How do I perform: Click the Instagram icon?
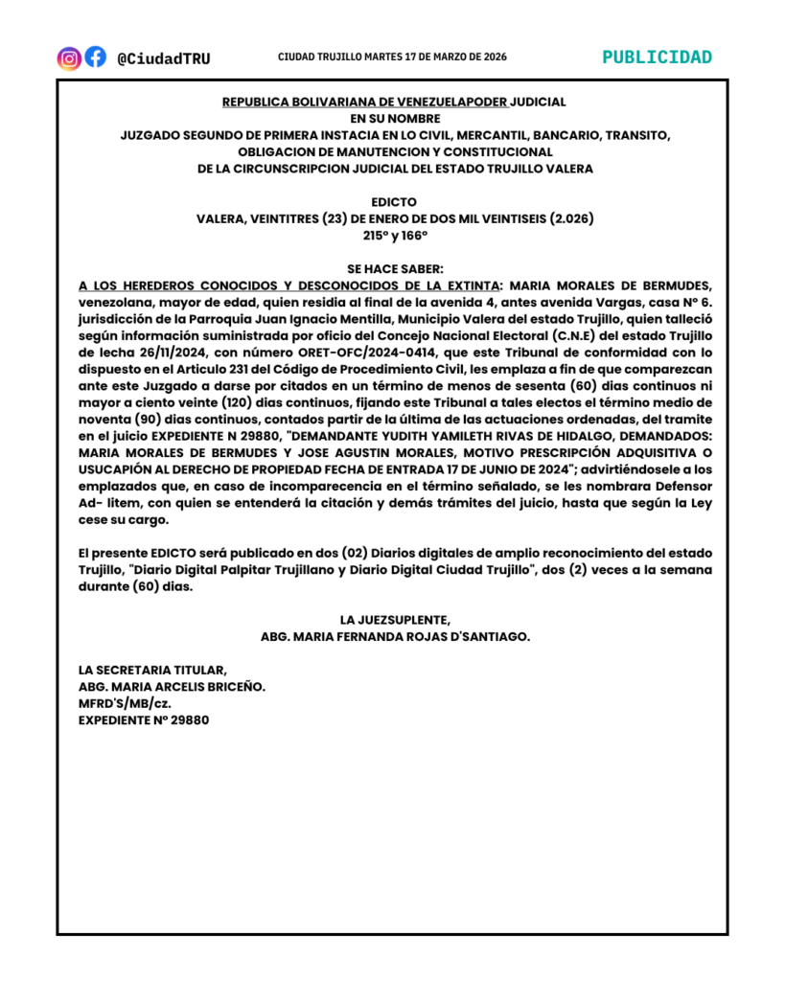69,57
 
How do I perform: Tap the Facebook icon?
95,57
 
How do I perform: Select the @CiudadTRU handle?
163,58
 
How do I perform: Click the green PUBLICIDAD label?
658,57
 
